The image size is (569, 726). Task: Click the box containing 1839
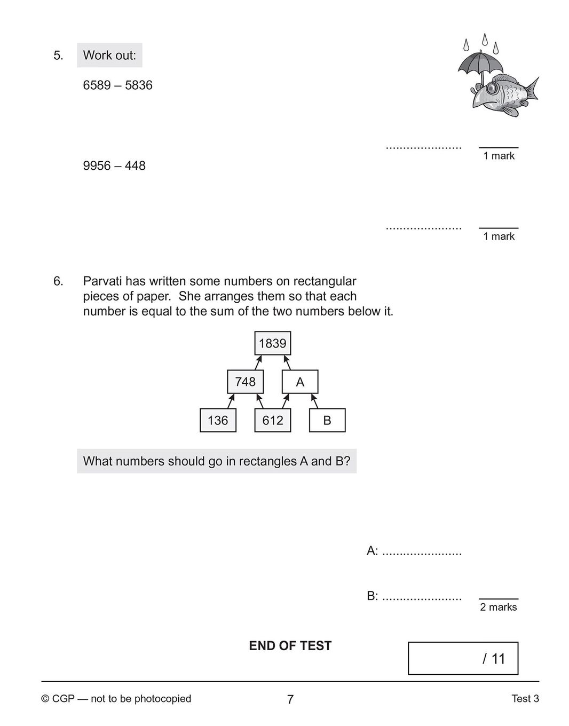273,343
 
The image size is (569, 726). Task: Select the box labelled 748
246,382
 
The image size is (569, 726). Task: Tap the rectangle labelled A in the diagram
300,382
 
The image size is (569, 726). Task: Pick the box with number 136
218,420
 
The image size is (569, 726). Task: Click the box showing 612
273,420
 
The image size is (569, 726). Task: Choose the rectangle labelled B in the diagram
327,420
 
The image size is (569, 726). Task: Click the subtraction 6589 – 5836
117,85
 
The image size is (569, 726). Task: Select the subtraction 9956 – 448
114,166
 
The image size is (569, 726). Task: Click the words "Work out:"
109,56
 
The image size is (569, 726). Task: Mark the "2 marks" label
499,607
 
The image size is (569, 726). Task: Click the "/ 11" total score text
494,659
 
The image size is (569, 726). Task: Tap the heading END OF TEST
290,646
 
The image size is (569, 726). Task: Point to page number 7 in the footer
290,699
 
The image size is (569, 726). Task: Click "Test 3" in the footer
525,699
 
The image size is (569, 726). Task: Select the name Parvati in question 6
102,281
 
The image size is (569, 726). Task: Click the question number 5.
58,56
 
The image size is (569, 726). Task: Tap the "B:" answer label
372,596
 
